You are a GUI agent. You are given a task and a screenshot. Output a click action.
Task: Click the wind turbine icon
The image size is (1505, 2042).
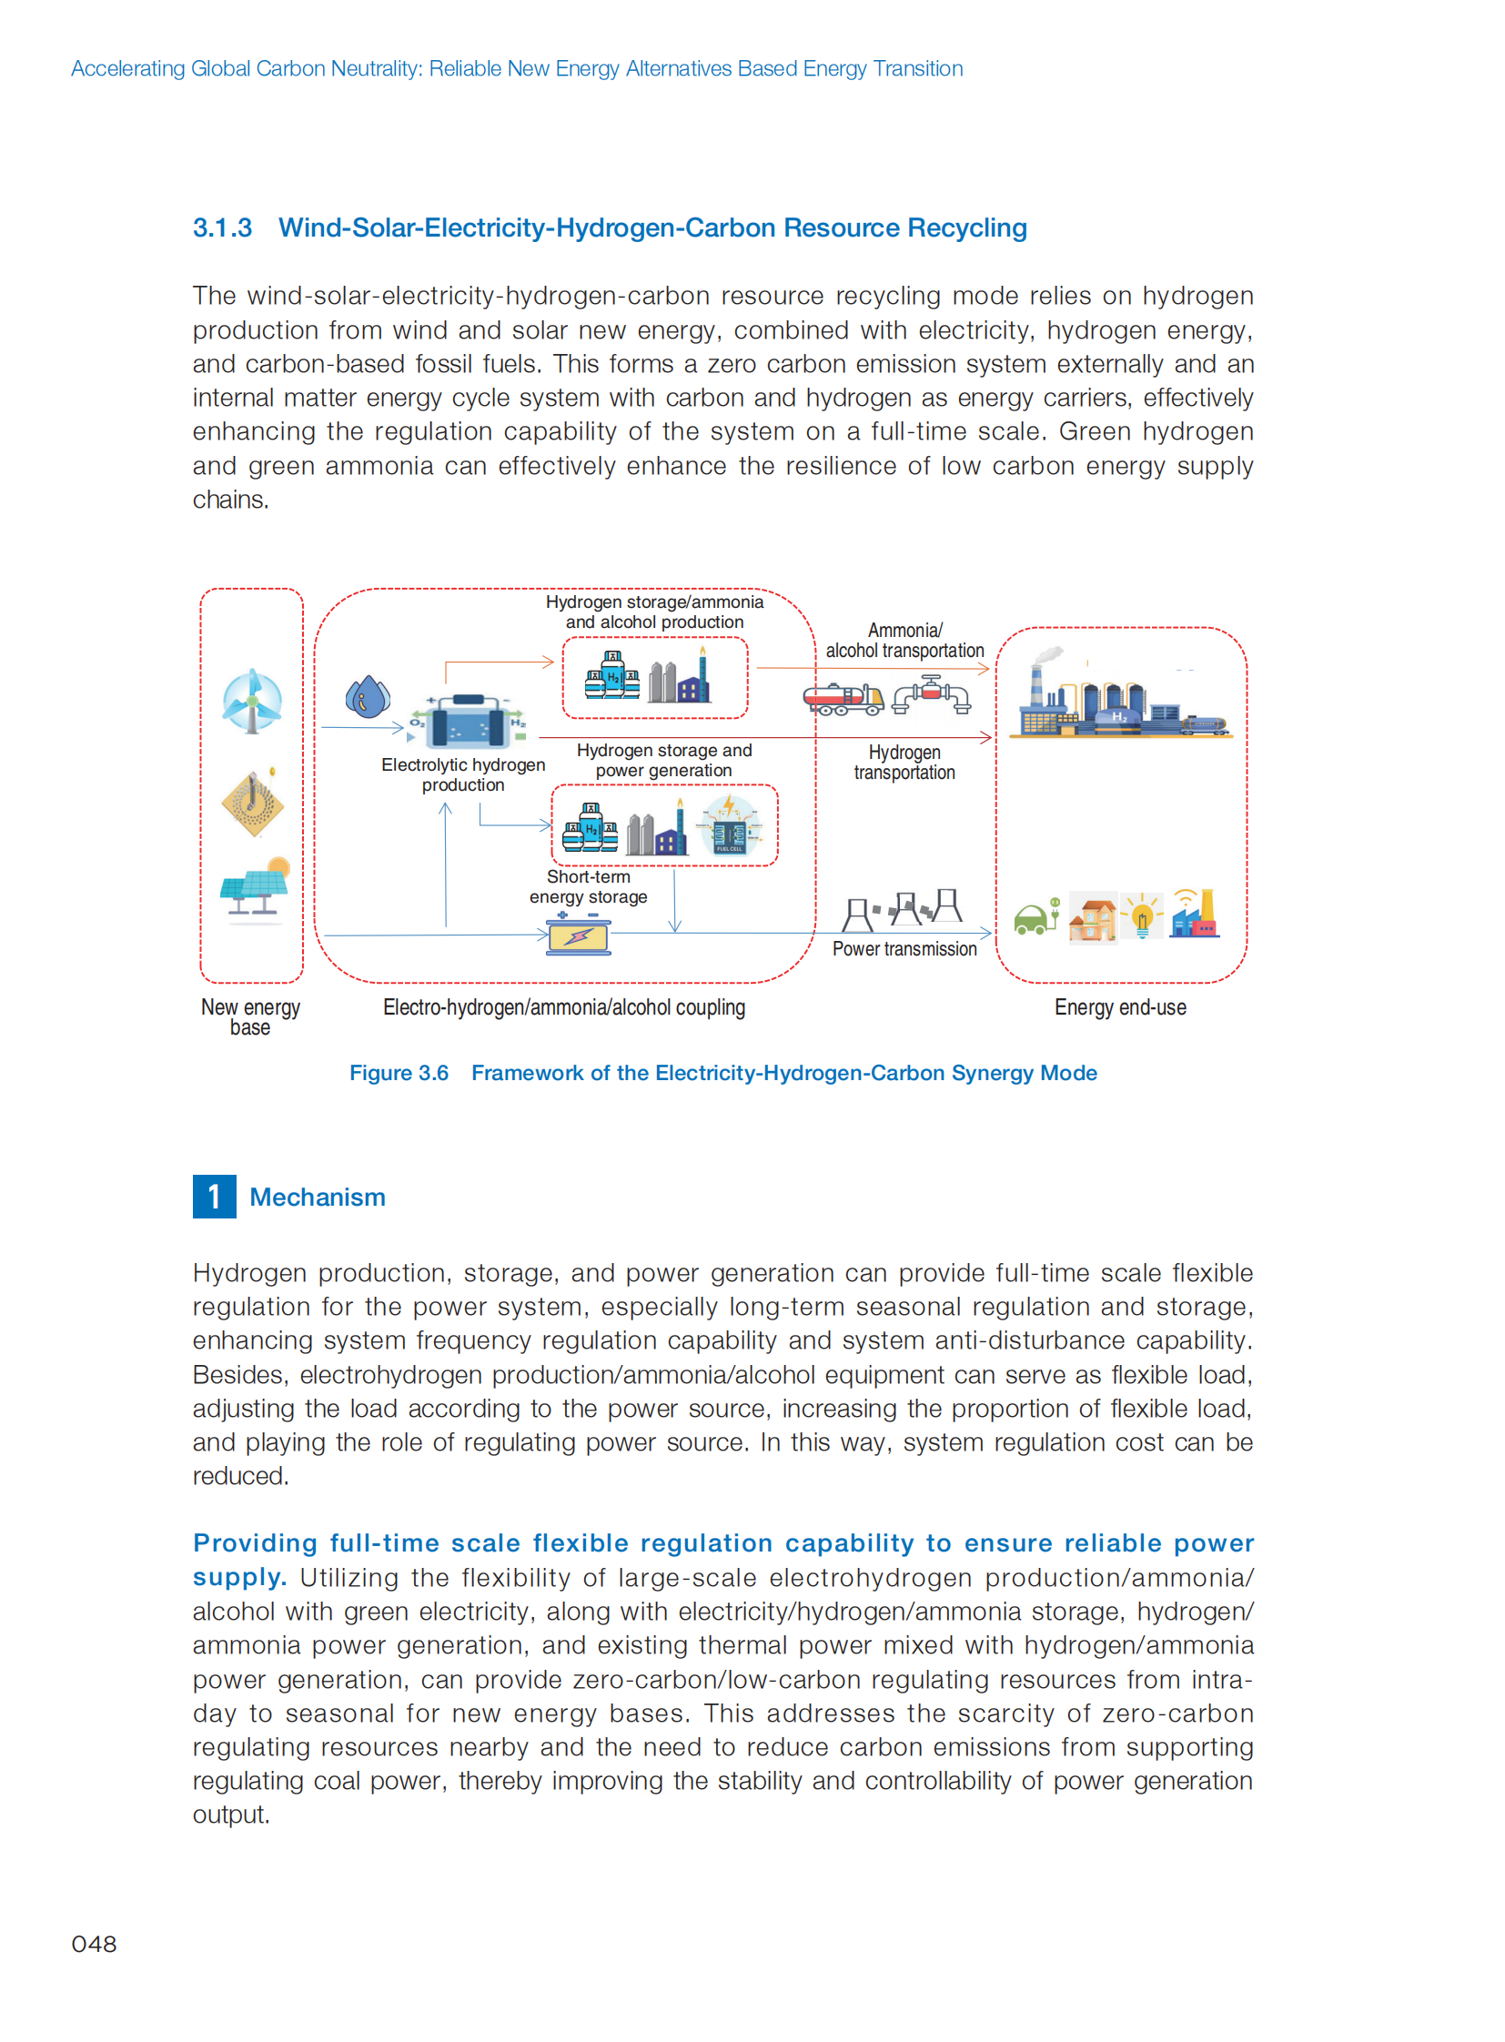click(x=252, y=700)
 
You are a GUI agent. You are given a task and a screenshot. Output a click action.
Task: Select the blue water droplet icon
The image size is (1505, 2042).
click(x=367, y=697)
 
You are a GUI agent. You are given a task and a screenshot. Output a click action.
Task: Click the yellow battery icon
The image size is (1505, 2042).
click(x=579, y=935)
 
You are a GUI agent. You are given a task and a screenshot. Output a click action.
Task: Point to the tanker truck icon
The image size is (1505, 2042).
click(x=843, y=699)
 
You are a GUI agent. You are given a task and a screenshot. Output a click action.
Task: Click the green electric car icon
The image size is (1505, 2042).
click(x=1035, y=916)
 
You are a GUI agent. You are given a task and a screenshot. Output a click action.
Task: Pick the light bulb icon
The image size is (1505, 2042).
click(x=1142, y=915)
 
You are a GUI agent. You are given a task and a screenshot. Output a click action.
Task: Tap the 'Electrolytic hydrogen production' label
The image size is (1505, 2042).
click(x=463, y=774)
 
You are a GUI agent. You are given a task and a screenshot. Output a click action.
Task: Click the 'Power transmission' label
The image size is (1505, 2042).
click(x=904, y=948)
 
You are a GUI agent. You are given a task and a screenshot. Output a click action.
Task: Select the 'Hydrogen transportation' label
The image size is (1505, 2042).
click(x=904, y=762)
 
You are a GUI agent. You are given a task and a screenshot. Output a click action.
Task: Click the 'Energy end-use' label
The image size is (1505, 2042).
click(x=1119, y=1006)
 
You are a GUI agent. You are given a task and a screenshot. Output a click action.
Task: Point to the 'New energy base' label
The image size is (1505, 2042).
click(x=250, y=1016)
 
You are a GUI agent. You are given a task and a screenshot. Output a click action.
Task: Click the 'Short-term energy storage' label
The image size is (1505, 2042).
click(x=589, y=886)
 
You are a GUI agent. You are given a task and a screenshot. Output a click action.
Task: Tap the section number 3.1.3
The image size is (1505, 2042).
click(x=222, y=227)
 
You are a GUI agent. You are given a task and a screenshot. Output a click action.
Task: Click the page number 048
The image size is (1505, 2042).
click(x=94, y=1944)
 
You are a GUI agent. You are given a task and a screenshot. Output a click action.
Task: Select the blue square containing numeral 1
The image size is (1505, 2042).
click(x=214, y=1197)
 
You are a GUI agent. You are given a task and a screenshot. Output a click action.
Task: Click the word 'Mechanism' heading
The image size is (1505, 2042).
click(x=317, y=1198)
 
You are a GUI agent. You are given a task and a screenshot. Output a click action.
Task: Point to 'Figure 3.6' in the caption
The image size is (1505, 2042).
click(x=399, y=1073)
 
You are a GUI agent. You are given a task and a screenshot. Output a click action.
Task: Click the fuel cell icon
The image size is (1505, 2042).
click(x=730, y=825)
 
